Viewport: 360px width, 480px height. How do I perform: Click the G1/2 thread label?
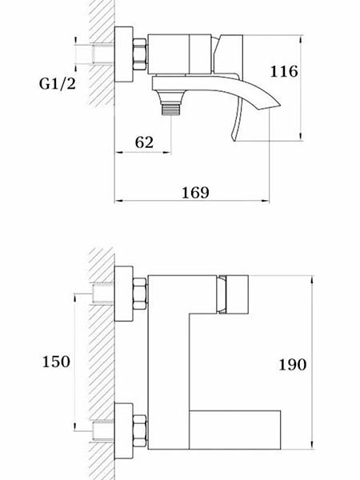coord(58,83)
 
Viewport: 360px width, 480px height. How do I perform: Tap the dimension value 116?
coord(284,72)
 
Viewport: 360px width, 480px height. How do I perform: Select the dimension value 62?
coord(144,142)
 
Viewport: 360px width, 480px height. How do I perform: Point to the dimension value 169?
coord(196,193)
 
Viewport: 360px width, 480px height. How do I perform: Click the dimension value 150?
coord(56,362)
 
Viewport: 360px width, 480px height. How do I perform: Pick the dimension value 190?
coord(292,365)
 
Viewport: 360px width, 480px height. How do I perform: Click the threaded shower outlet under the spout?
coord(171,110)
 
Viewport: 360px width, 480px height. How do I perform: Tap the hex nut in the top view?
coord(139,54)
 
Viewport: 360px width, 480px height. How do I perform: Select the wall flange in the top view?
coord(124,54)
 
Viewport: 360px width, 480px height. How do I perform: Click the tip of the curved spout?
coord(279,106)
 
